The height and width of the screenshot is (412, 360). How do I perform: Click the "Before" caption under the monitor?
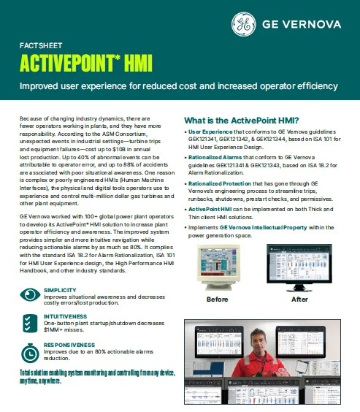click(x=218, y=299)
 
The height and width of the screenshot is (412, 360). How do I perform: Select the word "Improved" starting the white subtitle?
click(x=42, y=86)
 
